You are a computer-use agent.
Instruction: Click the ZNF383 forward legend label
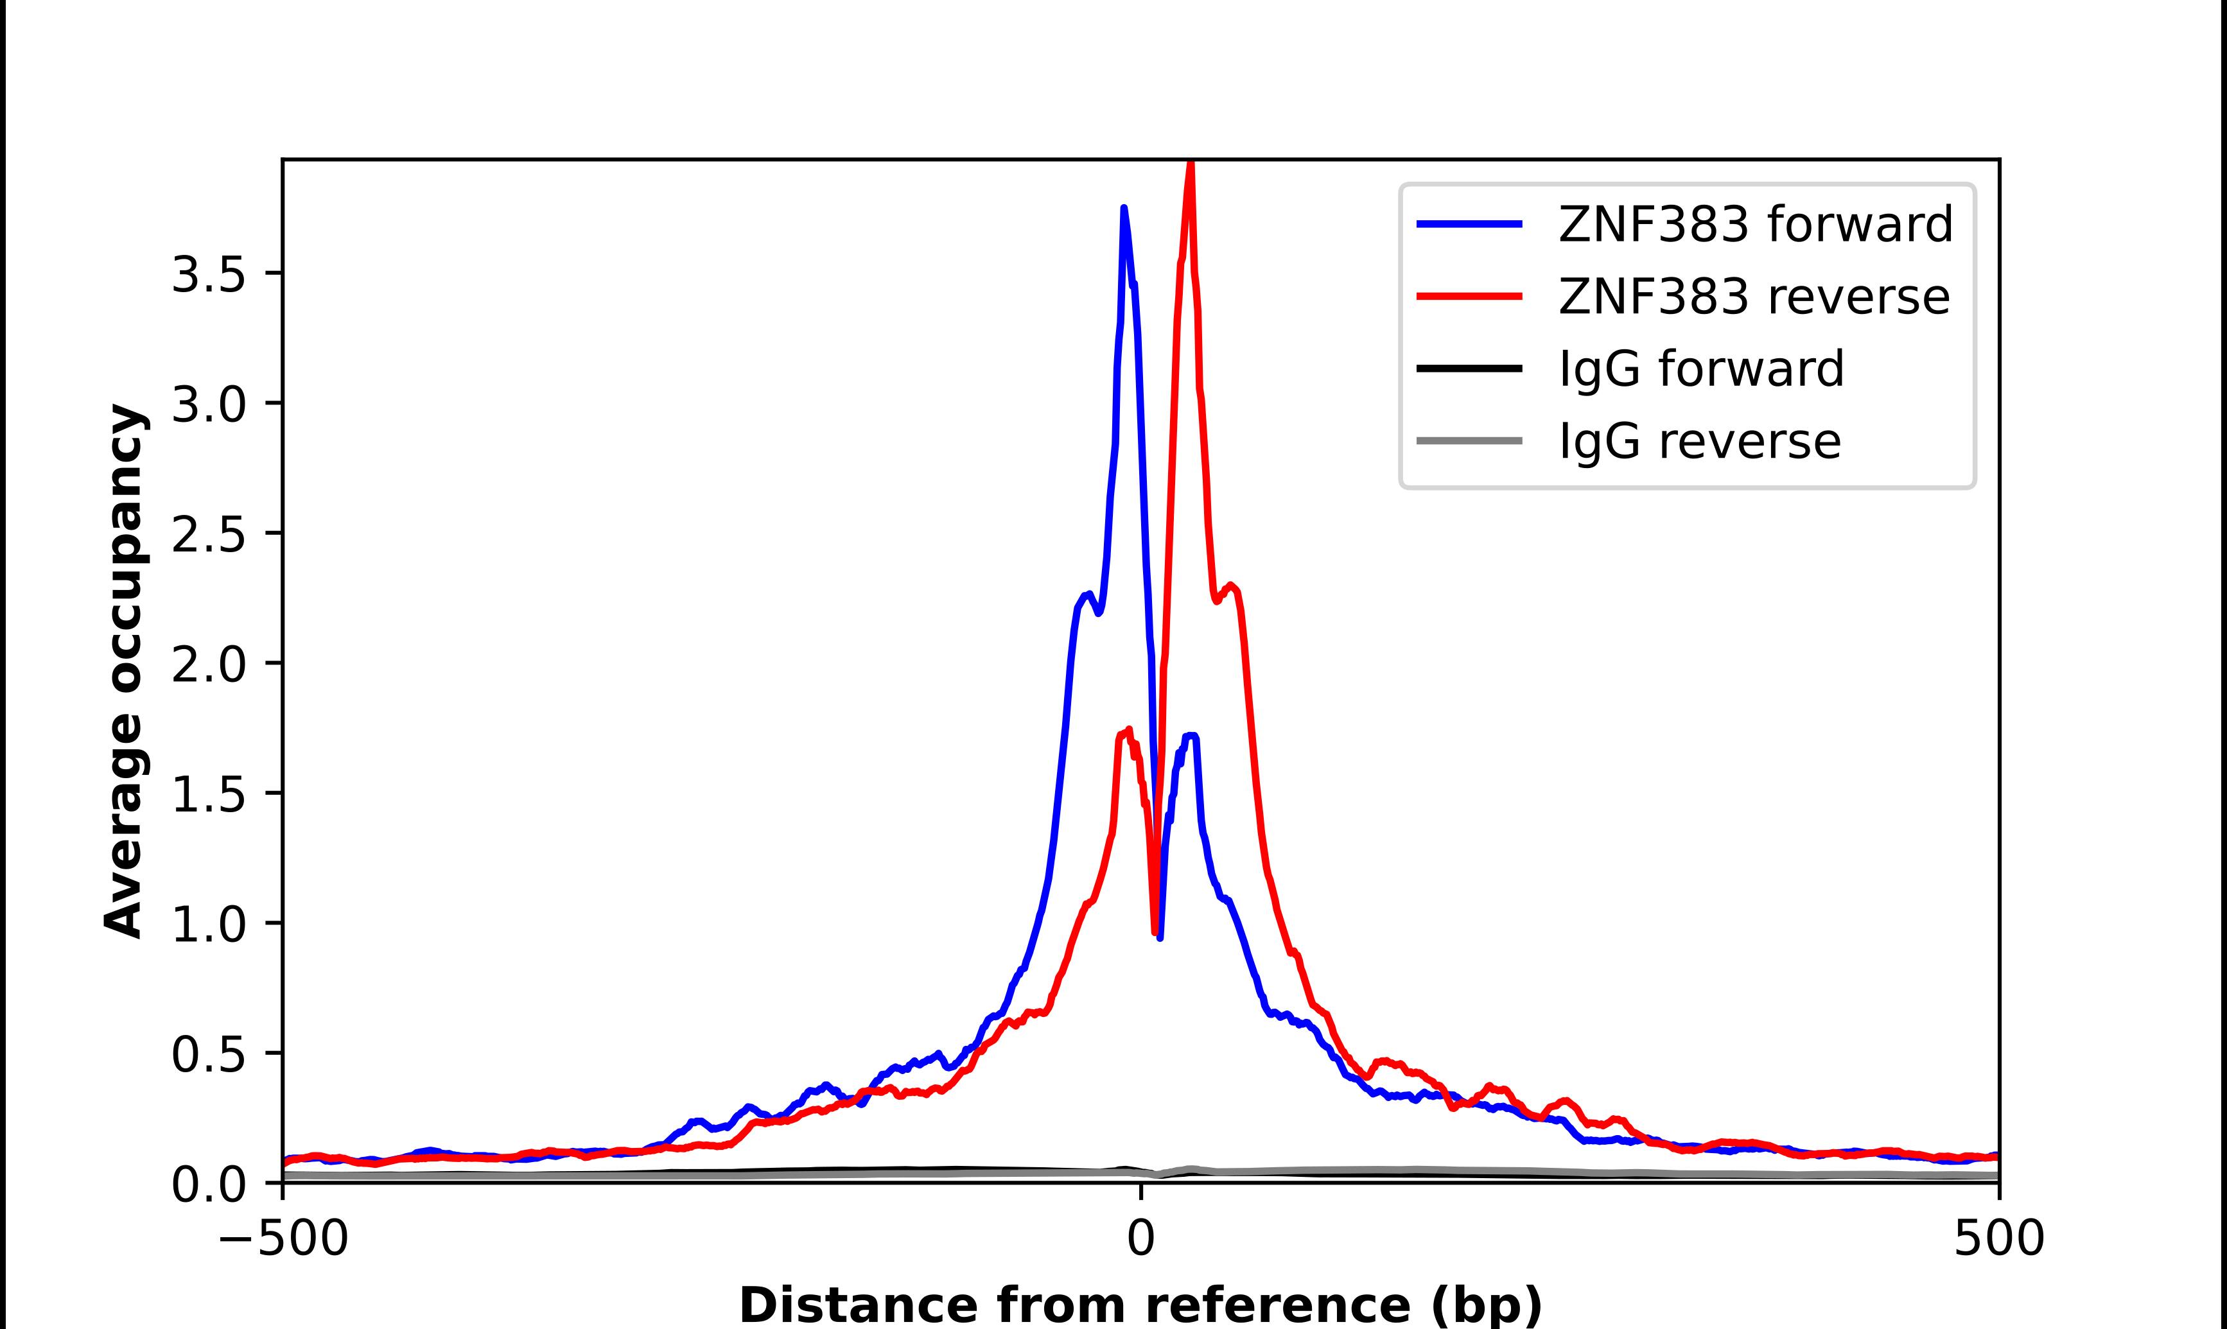(1755, 224)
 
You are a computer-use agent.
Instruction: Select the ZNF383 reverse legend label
(1753, 297)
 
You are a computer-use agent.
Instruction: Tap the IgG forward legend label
(1701, 369)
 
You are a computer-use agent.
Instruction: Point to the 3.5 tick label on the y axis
(208, 274)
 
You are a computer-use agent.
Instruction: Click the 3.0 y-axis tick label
(208, 404)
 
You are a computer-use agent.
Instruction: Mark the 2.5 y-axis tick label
(208, 535)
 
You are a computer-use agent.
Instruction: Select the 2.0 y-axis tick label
(208, 664)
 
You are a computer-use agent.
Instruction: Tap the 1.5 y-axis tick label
(208, 794)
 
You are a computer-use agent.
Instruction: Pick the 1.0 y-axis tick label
(208, 925)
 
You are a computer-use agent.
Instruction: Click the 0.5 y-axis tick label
(208, 1054)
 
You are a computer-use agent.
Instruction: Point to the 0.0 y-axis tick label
(208, 1184)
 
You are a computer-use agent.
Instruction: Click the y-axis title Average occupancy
(123, 671)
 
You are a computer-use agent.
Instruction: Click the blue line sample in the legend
(1469, 224)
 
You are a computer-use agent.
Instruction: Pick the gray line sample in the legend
(1469, 440)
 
